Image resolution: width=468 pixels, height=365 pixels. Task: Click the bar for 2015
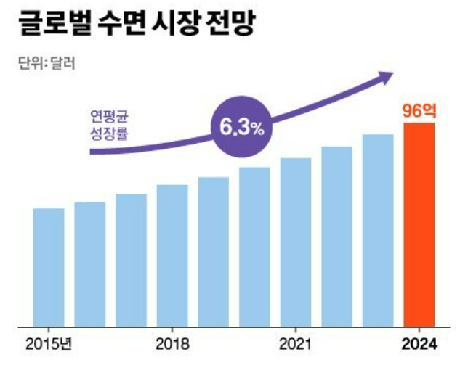(x=49, y=268)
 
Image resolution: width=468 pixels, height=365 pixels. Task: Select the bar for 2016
(x=90, y=265)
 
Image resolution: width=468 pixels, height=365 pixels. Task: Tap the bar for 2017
(x=131, y=261)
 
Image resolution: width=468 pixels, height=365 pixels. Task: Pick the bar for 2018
(x=172, y=256)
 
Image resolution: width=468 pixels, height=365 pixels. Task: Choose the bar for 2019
(x=213, y=253)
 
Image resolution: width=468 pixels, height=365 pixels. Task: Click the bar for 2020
(x=254, y=247)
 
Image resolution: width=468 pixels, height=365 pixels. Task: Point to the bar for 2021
(x=296, y=242)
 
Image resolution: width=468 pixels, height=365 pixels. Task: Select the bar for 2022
(x=336, y=237)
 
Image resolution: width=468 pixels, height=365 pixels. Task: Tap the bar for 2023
(x=378, y=231)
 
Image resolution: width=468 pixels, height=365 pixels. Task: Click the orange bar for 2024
(x=419, y=225)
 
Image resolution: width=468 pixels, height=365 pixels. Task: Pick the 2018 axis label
(x=172, y=343)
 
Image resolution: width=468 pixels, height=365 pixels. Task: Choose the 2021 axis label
(x=296, y=343)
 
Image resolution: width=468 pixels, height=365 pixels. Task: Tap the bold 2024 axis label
(x=419, y=343)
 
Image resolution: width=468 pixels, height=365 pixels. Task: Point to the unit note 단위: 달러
(x=47, y=62)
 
